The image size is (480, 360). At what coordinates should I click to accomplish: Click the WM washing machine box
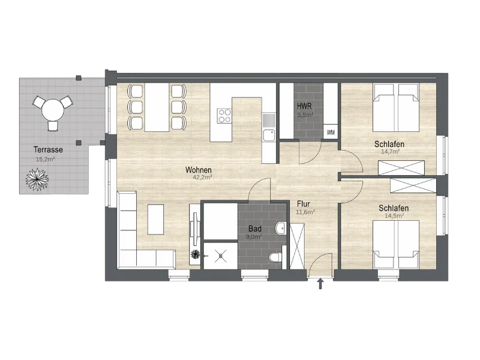click(x=331, y=132)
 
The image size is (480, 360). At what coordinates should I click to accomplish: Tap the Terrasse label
click(x=48, y=149)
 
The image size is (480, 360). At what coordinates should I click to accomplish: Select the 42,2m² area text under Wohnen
click(x=202, y=177)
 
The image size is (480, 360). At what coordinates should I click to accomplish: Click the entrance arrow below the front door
click(x=320, y=284)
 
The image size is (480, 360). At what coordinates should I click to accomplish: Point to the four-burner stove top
click(x=224, y=116)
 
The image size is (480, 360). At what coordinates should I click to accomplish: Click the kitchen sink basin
click(x=269, y=135)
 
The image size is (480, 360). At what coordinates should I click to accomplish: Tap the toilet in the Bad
click(x=277, y=257)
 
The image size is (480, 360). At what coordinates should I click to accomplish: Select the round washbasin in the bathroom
click(x=281, y=229)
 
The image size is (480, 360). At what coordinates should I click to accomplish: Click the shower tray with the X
click(x=220, y=256)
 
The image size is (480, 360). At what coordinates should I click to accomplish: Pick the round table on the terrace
click(x=53, y=110)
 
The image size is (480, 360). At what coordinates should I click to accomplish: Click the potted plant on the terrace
click(x=37, y=179)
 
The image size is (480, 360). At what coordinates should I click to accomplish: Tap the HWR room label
click(x=304, y=106)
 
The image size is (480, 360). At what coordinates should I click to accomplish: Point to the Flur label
click(x=304, y=204)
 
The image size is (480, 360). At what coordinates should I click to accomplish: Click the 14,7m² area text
click(x=391, y=152)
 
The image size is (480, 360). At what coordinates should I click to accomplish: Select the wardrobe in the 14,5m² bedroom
click(x=413, y=185)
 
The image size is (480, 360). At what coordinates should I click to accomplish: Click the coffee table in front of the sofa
click(x=155, y=220)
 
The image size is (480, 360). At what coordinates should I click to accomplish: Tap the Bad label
click(x=255, y=229)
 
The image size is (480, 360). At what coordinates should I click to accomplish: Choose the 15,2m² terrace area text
click(x=46, y=159)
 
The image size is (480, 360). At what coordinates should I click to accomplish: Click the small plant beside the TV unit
click(x=195, y=254)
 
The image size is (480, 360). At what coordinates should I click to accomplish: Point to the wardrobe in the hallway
click(x=297, y=247)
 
